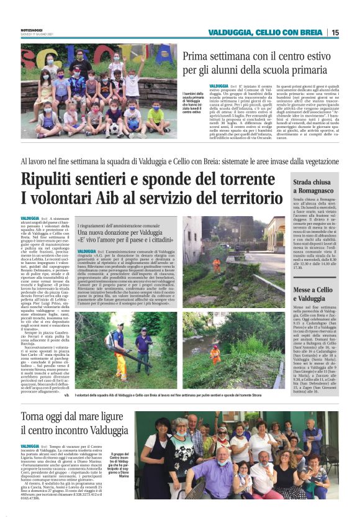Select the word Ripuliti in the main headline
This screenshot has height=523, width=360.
pos(50,180)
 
